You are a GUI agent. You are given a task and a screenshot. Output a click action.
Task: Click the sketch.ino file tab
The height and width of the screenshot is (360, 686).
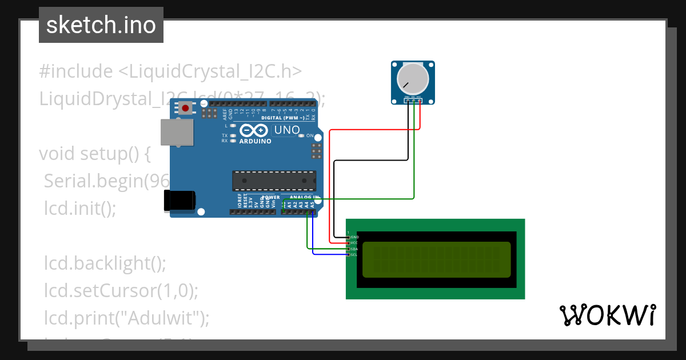click(x=101, y=25)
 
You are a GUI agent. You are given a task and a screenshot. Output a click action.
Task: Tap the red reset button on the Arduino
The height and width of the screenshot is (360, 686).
click(x=185, y=108)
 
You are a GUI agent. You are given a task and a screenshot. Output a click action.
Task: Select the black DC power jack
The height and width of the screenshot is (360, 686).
click(x=180, y=201)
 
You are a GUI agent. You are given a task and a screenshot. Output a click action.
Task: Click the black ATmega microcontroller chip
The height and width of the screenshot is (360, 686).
click(x=273, y=181)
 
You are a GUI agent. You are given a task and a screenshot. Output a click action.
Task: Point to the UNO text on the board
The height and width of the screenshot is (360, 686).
click(x=287, y=130)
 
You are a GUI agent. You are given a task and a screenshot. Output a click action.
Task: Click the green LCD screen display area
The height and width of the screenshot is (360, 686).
click(x=436, y=259)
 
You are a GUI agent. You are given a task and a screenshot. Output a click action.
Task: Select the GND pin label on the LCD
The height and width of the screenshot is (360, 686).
click(x=354, y=237)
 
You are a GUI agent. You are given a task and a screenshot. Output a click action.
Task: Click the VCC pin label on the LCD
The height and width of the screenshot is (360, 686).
click(x=354, y=243)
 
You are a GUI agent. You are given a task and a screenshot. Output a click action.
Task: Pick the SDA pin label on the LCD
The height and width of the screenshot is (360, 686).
click(x=354, y=249)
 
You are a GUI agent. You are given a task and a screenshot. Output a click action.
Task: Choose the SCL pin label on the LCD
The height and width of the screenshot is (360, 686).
click(x=354, y=255)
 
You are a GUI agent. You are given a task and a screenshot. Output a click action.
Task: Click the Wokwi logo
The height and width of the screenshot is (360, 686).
click(x=607, y=315)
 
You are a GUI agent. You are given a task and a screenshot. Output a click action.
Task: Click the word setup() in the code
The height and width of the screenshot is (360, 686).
click(x=115, y=154)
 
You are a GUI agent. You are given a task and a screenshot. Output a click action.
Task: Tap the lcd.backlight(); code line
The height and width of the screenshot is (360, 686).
click(x=105, y=263)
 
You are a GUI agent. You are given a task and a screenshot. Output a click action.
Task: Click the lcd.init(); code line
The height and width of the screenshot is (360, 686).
click(x=80, y=209)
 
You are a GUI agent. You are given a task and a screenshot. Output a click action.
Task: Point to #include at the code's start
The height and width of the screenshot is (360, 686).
click(x=76, y=71)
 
